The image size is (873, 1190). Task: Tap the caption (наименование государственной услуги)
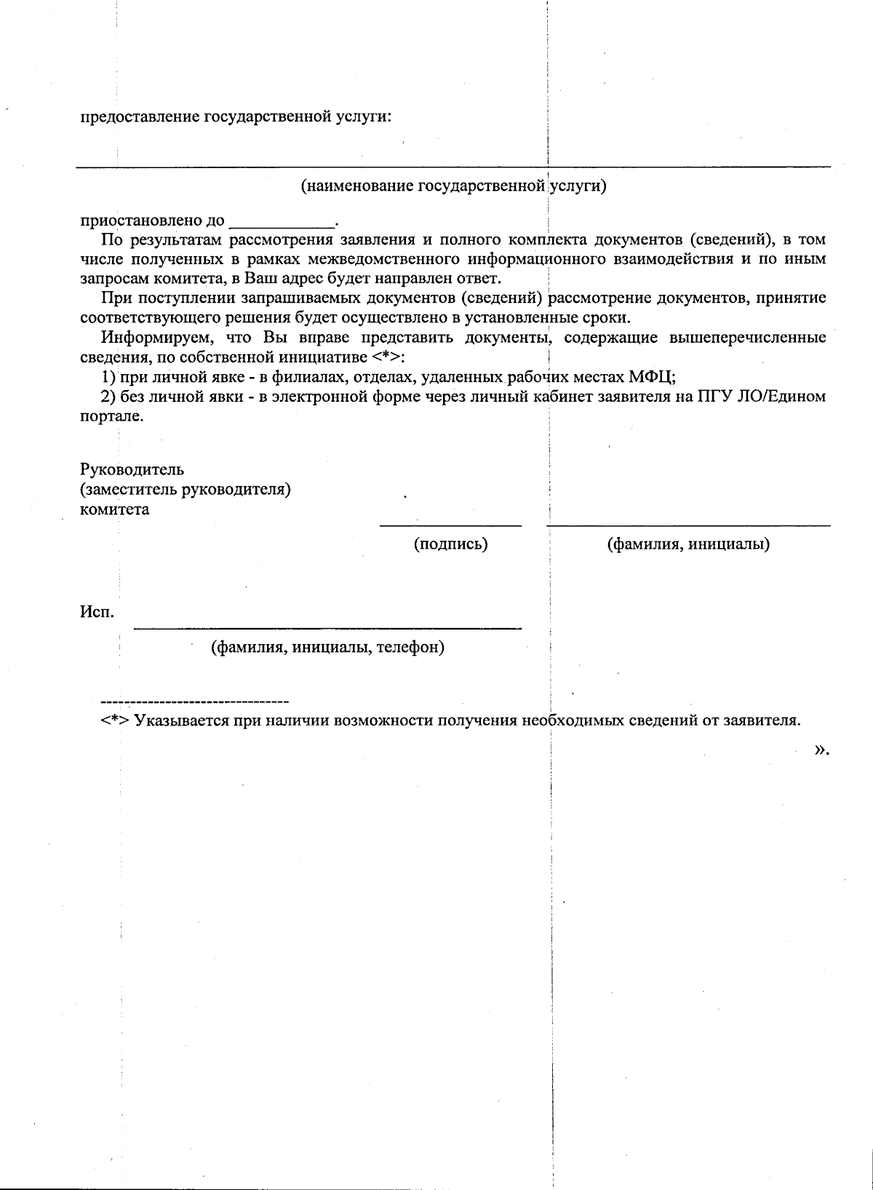454,186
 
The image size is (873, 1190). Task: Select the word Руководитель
132,469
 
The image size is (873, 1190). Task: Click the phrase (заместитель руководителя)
186,490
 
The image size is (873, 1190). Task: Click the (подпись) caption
450,544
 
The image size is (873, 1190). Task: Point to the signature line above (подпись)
450,525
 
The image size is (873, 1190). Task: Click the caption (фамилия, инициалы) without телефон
688,544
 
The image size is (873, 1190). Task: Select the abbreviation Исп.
96,613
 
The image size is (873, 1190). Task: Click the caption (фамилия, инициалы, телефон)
327,647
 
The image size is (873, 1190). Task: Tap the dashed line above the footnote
194,702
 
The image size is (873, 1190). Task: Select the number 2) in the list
108,397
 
